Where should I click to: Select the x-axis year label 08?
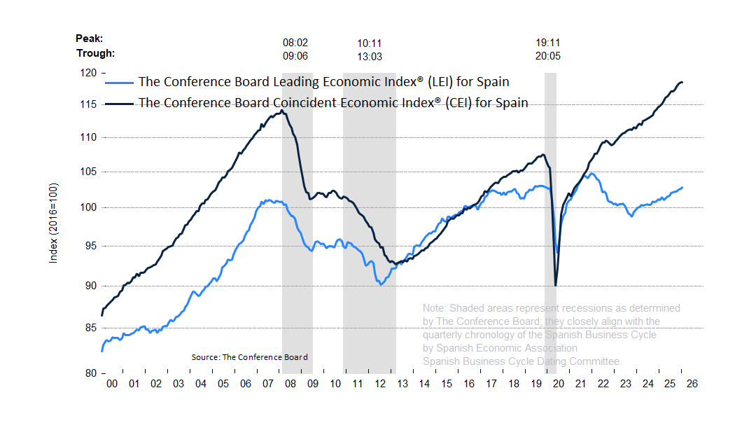[x=290, y=384]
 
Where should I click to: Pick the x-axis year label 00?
[x=111, y=384]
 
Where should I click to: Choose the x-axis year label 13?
[x=402, y=384]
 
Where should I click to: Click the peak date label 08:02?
[x=295, y=43]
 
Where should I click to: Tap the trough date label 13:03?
[x=370, y=56]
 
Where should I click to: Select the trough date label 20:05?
[x=548, y=56]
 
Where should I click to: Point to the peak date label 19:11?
[x=548, y=43]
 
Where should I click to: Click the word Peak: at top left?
[x=89, y=39]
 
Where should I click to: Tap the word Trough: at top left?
[x=95, y=53]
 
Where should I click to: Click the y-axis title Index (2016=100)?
[x=54, y=223]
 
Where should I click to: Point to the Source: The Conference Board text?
[x=249, y=357]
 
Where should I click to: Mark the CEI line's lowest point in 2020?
[x=555, y=285]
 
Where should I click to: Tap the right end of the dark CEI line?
[x=682, y=83]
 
